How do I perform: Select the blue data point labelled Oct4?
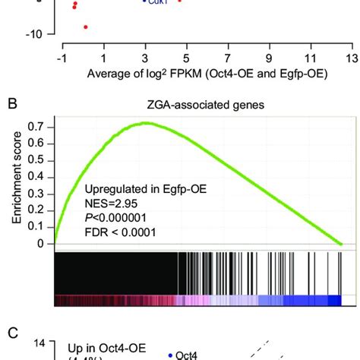coord(169,354)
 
